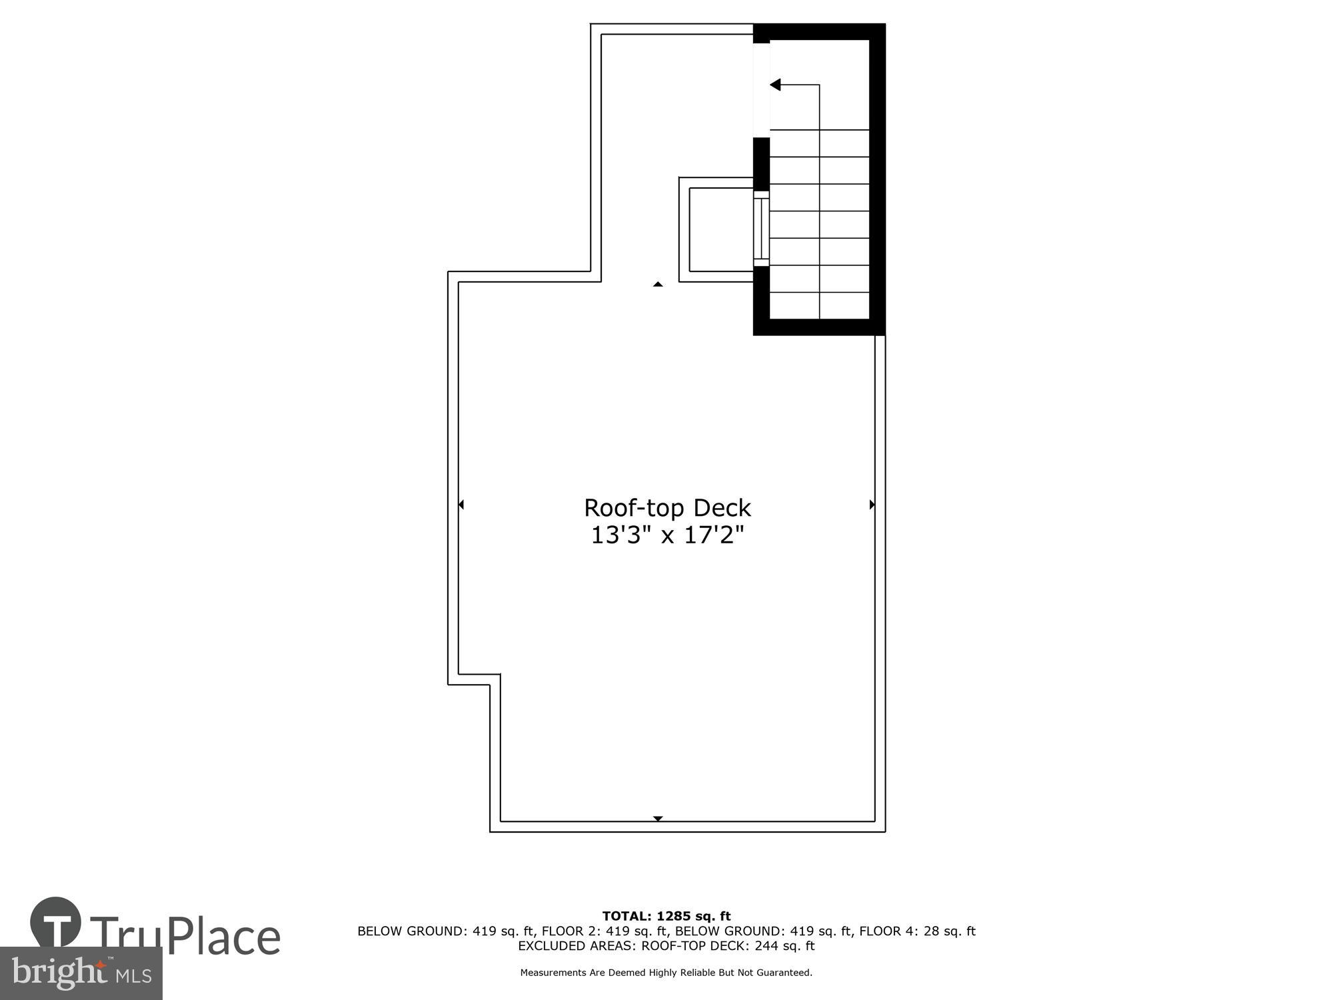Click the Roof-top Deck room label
[x=667, y=508]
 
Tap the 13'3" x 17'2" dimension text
[x=667, y=535]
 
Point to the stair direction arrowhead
[x=775, y=85]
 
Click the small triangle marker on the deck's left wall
[x=461, y=505]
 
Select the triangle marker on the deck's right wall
[x=872, y=505]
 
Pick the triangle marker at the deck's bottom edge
[x=658, y=818]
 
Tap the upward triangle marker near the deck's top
[x=658, y=285]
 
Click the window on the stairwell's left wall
[x=761, y=229]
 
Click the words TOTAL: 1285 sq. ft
[x=666, y=916]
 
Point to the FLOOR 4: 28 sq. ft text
[x=917, y=931]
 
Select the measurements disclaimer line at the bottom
[x=666, y=973]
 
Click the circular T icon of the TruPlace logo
[x=56, y=923]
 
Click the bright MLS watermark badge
[x=81, y=973]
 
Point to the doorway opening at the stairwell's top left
[x=761, y=90]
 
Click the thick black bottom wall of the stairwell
[x=820, y=327]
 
